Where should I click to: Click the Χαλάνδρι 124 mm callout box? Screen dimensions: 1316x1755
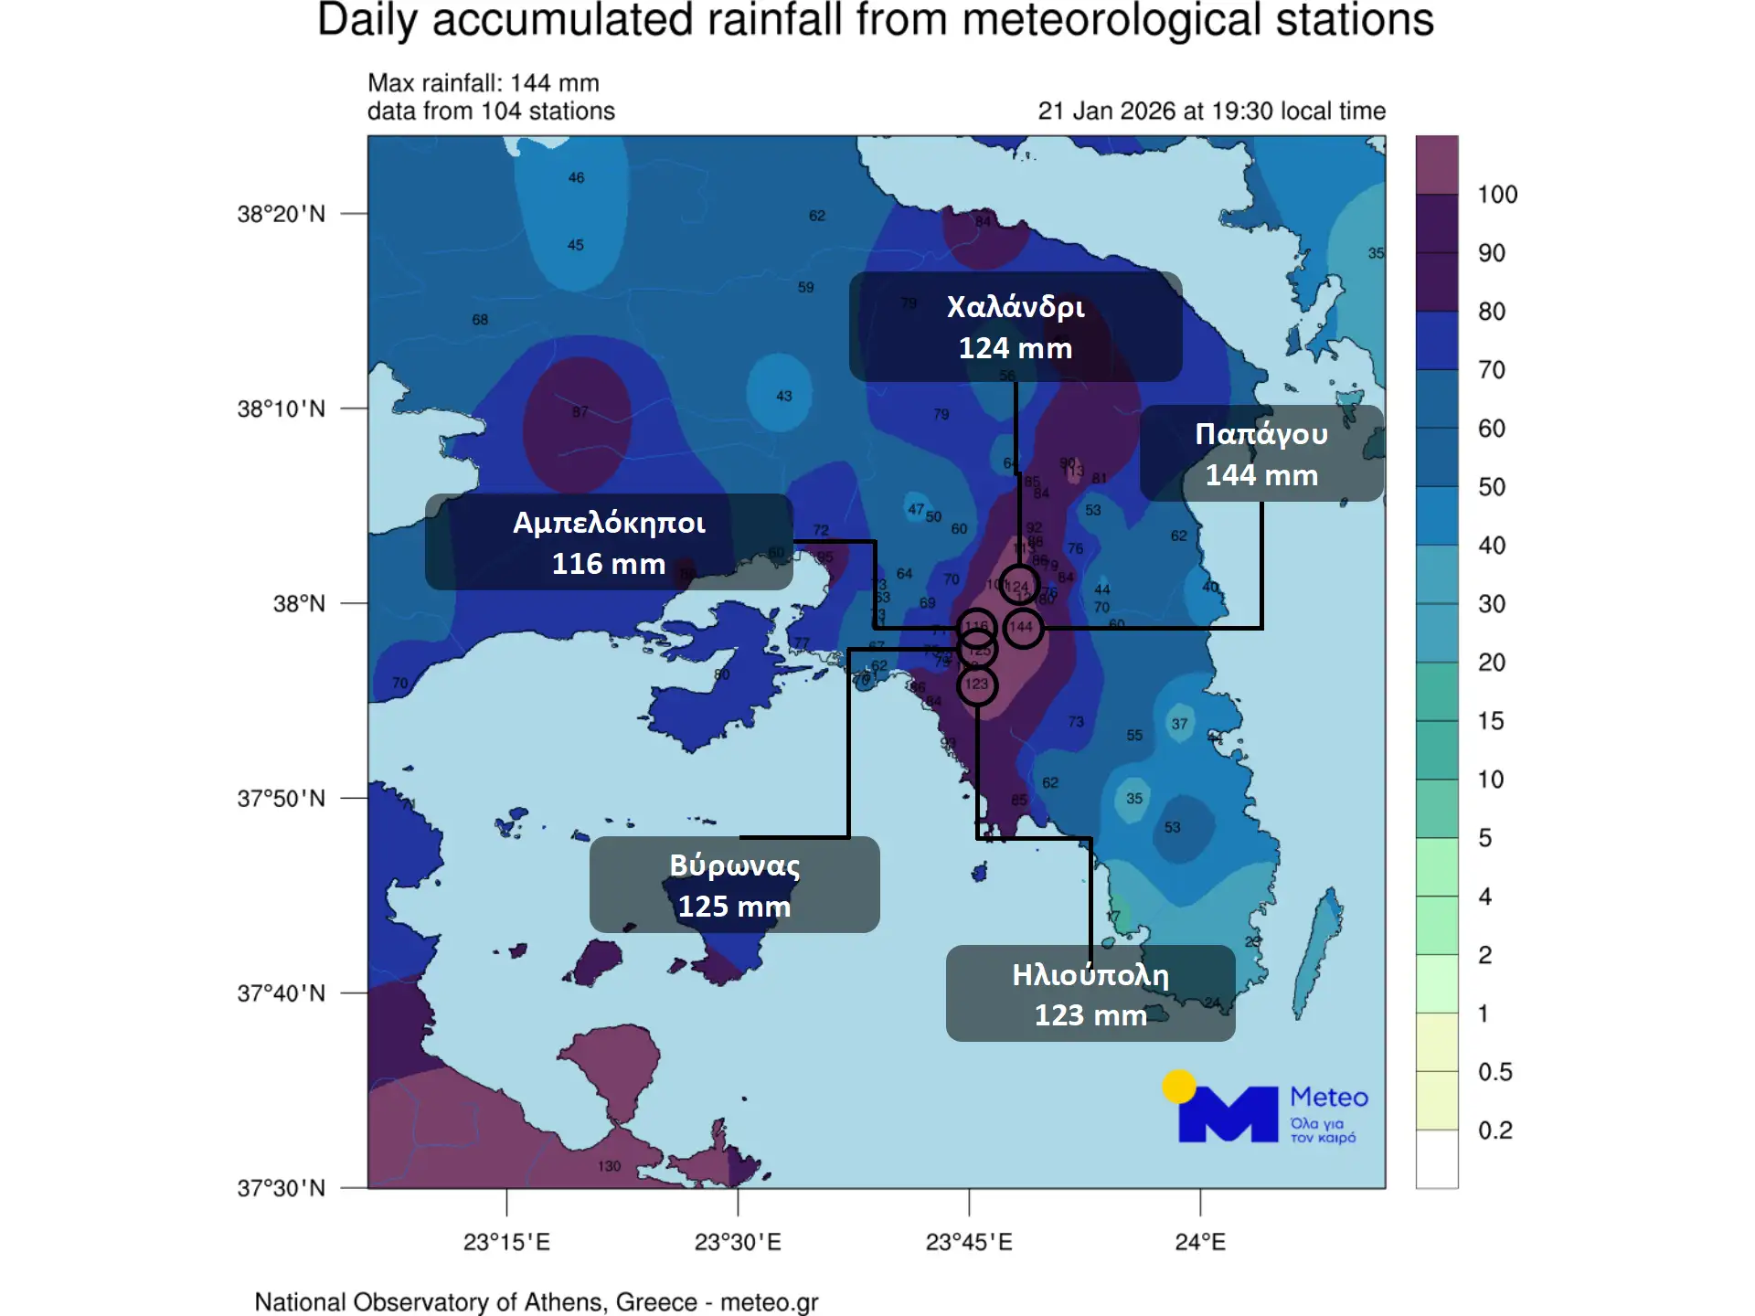1015,326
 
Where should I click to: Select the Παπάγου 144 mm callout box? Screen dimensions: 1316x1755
1261,453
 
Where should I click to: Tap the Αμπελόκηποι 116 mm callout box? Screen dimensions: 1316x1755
609,542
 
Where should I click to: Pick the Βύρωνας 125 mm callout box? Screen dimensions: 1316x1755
734,885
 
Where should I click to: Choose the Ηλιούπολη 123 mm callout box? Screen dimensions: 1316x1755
1090,993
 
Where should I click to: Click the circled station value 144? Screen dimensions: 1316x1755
1022,628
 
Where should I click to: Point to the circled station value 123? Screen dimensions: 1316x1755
977,685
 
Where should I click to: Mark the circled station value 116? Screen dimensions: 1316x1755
977,627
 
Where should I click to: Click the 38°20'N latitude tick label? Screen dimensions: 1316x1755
282,214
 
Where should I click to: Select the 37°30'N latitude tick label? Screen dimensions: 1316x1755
282,1188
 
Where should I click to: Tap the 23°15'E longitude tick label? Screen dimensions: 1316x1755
506,1242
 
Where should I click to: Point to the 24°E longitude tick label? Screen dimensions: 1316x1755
1200,1242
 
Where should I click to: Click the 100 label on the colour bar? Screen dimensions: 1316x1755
1497,195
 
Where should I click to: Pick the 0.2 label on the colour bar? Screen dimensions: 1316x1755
1495,1130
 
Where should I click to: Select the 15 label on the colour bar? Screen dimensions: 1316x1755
1491,721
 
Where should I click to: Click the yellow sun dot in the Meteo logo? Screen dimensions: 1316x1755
1179,1087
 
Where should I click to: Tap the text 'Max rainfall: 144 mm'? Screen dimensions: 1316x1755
484,83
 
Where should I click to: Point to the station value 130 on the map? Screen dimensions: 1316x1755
609,1166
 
